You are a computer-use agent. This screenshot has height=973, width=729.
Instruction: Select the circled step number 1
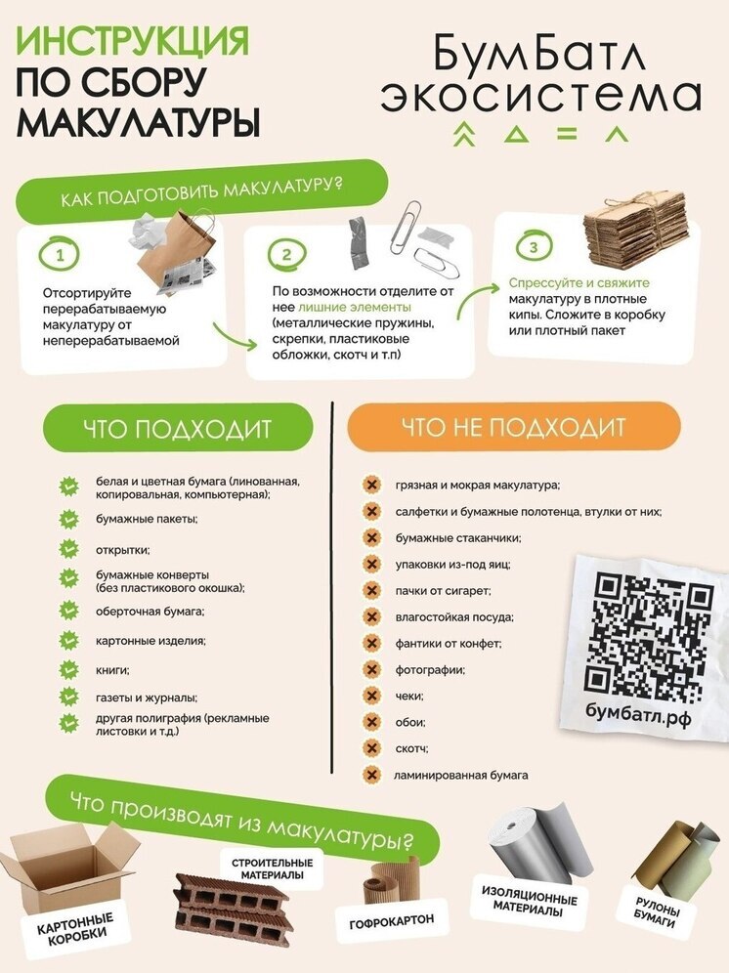pyautogui.click(x=61, y=256)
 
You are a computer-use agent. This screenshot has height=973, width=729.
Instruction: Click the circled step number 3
pyautogui.click(x=533, y=246)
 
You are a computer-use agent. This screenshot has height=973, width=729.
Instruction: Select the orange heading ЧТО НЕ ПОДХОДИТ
pyautogui.click(x=513, y=427)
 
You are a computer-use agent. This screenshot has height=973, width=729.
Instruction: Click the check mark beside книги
pyautogui.click(x=68, y=670)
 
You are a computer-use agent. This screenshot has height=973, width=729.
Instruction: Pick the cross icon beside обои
pyautogui.click(x=371, y=723)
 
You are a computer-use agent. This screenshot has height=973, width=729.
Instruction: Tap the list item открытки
pyautogui.click(x=122, y=550)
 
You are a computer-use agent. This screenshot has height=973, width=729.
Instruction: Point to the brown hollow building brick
pyautogui.click(x=233, y=905)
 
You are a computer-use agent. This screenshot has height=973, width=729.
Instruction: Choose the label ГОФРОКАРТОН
pyautogui.click(x=391, y=919)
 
